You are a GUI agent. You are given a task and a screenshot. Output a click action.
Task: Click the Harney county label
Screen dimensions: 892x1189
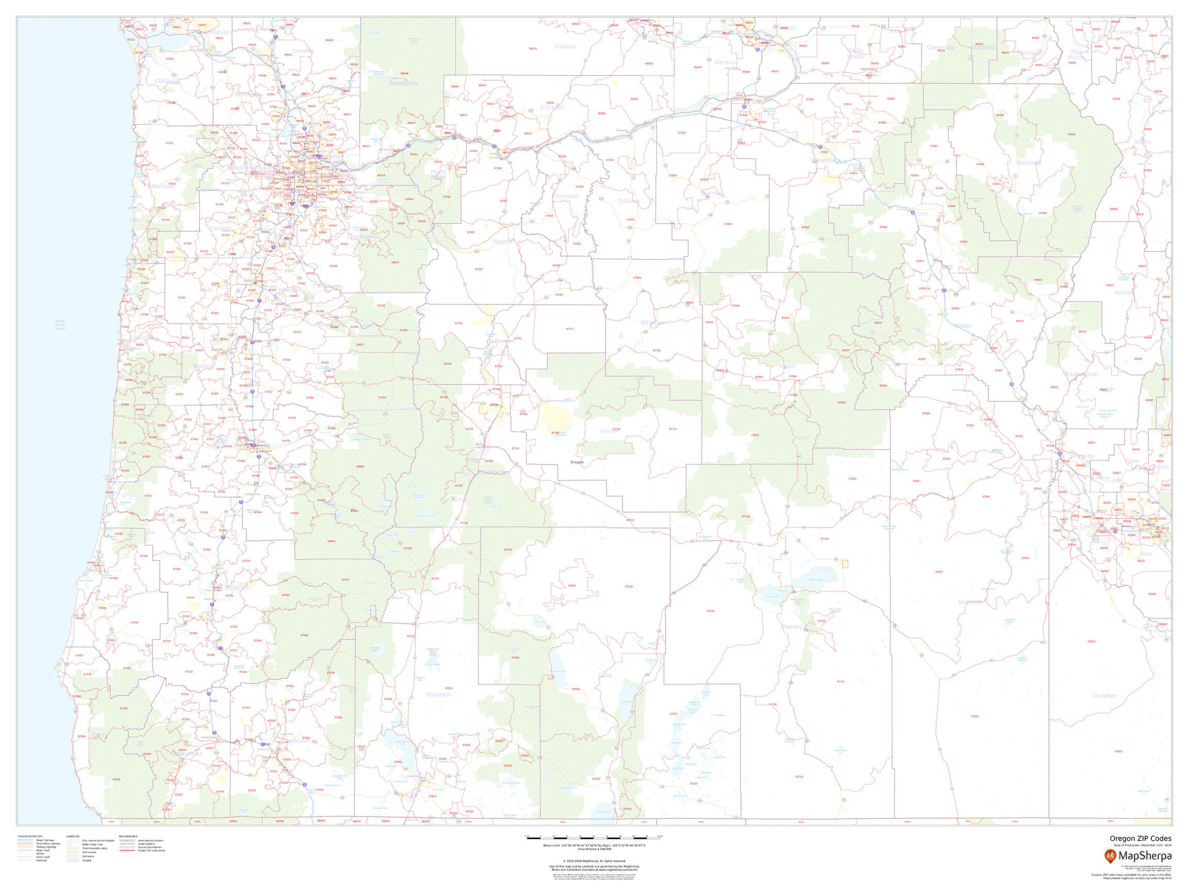point(792,626)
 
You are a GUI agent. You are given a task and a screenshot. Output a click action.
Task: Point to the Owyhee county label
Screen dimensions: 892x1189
point(1104,696)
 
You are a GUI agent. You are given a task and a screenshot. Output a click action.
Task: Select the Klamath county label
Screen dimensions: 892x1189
point(438,695)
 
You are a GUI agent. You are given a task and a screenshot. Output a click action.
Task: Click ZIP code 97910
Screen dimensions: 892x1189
point(974,716)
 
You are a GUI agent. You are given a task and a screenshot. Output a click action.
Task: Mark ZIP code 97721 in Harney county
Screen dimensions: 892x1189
point(841,682)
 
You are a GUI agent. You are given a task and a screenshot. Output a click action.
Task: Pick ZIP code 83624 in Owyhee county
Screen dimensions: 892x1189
point(1119,751)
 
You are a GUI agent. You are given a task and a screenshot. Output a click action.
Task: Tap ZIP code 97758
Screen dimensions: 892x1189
point(710,611)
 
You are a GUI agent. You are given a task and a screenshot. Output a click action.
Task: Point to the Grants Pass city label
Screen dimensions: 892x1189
point(209,738)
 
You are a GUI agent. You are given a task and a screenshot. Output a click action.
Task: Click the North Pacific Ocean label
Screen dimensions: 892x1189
point(60,325)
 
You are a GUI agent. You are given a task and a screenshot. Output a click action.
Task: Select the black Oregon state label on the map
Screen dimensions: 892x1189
point(576,463)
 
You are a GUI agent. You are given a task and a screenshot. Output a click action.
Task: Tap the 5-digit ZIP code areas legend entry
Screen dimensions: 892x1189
point(151,851)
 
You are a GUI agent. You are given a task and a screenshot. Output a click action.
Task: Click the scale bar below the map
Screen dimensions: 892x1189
point(593,838)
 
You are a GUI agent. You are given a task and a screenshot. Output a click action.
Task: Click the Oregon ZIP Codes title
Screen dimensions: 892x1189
point(1140,839)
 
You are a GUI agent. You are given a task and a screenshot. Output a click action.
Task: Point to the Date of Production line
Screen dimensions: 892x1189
point(1142,845)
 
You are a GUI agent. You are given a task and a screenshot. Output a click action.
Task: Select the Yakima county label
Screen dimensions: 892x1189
point(565,47)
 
